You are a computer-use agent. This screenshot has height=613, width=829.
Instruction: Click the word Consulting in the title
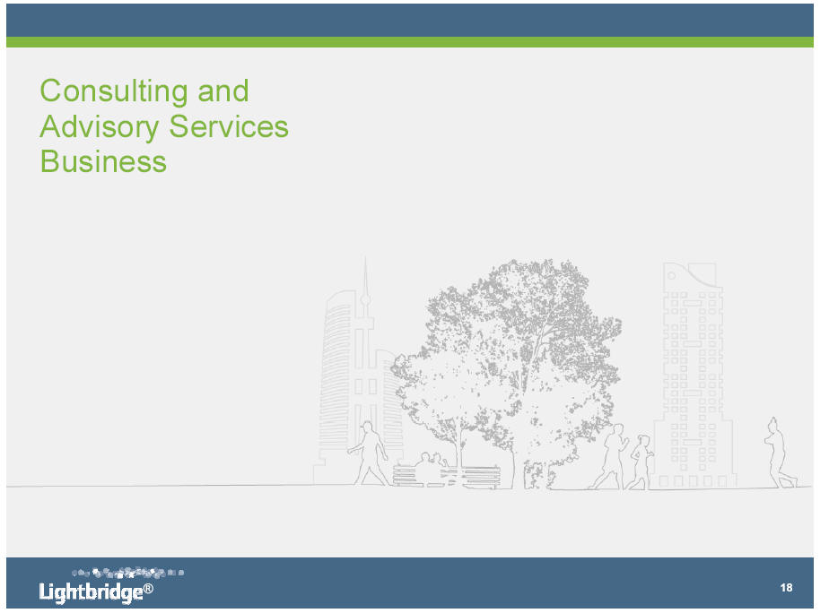[x=114, y=91]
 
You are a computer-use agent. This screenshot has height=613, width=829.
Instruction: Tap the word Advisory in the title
[x=100, y=126]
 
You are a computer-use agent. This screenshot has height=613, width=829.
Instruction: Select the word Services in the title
[x=229, y=126]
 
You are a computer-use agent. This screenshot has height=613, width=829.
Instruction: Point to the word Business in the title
[x=104, y=161]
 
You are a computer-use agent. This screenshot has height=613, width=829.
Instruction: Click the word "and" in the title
[x=223, y=91]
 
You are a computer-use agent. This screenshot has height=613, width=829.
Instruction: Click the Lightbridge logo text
[x=91, y=591]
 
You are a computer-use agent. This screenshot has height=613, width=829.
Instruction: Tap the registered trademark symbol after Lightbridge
[x=149, y=588]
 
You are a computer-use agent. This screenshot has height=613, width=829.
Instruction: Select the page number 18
[x=786, y=588]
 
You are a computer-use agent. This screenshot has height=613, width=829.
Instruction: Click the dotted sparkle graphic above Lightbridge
[x=128, y=573]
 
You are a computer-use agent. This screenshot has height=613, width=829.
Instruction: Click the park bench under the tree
[x=447, y=476]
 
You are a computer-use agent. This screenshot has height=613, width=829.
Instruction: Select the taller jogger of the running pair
[x=611, y=457]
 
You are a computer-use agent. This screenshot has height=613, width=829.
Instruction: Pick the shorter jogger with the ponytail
[x=641, y=462]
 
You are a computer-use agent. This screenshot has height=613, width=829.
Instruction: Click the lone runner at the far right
[x=778, y=453]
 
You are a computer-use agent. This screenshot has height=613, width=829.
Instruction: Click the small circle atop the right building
[x=671, y=276]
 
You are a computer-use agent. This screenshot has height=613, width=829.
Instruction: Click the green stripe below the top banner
[x=410, y=42]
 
